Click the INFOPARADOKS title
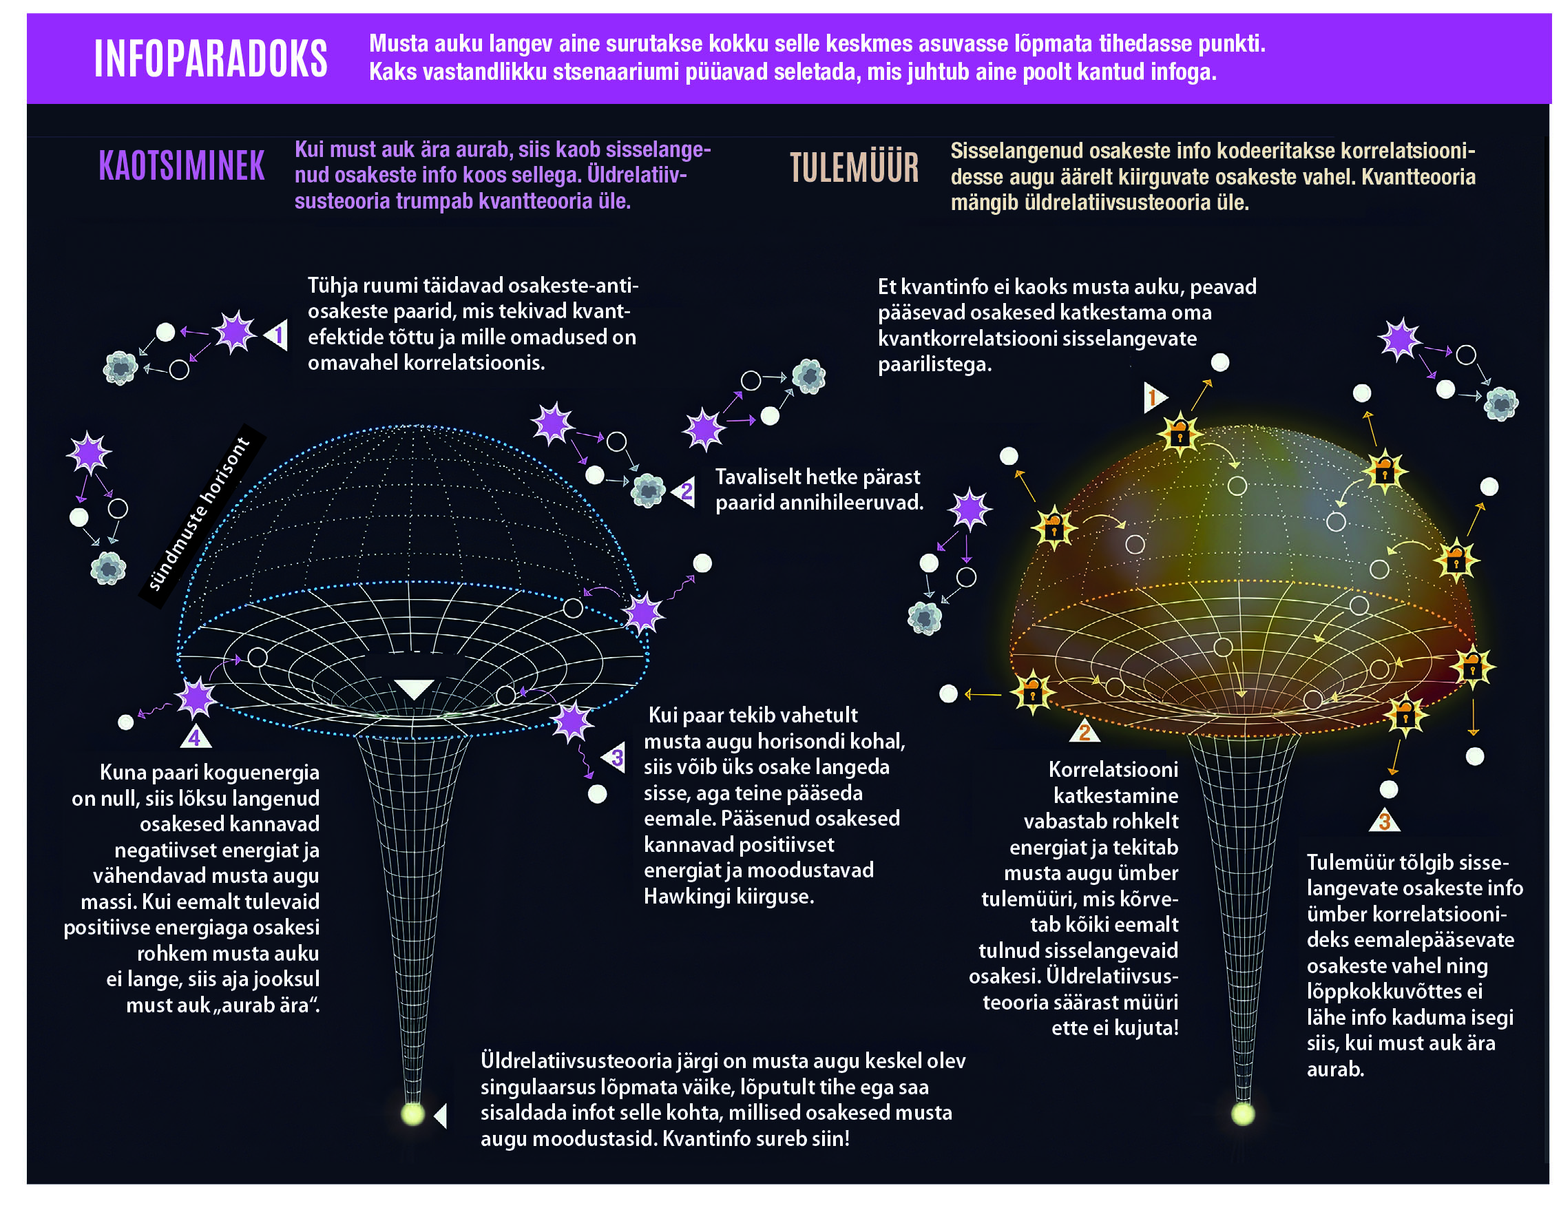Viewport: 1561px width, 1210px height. [x=211, y=59]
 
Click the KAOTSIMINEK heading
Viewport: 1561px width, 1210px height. [x=182, y=166]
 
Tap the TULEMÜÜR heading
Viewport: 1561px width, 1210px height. [x=854, y=168]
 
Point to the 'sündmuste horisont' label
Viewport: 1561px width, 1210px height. [x=200, y=514]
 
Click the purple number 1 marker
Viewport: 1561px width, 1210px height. [x=277, y=335]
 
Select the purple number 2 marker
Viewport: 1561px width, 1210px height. [x=684, y=492]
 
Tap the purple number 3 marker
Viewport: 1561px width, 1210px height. [x=616, y=758]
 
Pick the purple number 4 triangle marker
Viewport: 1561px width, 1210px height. [x=195, y=737]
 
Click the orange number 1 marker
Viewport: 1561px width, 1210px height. [x=1153, y=397]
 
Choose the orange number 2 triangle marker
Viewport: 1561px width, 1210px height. [x=1085, y=732]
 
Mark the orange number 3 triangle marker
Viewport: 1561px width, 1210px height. [x=1384, y=821]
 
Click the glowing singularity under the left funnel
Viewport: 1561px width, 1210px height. [x=412, y=1114]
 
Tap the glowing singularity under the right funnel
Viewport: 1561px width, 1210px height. [x=1243, y=1114]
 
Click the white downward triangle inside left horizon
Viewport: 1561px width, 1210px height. [x=414, y=688]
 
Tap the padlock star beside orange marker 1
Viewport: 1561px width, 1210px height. [x=1180, y=433]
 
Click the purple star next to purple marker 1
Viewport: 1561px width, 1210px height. [x=234, y=333]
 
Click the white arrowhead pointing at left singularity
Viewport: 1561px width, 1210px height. [x=441, y=1116]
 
